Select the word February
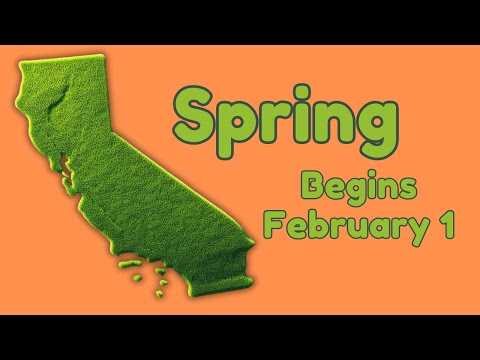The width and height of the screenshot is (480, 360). (x=333, y=224)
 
